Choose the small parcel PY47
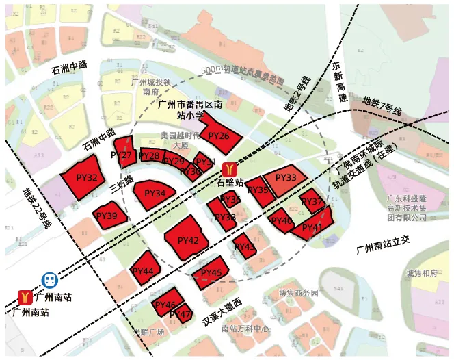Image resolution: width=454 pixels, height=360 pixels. coord(182,314)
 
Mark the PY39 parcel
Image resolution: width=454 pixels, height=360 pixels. coord(109,216)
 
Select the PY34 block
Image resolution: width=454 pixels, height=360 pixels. coord(155,194)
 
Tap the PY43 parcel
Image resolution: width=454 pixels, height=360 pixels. coord(244,246)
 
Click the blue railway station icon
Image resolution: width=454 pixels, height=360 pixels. coord(49,281)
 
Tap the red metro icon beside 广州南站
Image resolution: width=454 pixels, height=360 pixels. coord(25,297)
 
